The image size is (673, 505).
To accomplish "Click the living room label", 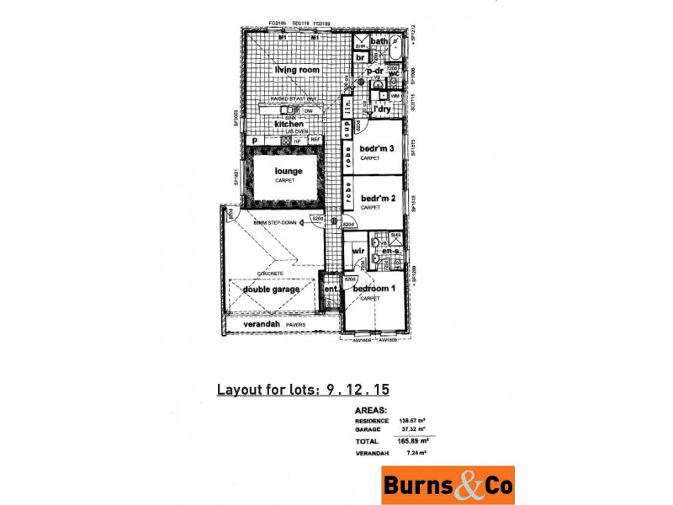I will point(293,70).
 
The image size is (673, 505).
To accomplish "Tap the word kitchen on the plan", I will point(277,124).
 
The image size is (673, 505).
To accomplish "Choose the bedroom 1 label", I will point(372,289).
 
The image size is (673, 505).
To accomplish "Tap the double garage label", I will point(273,290).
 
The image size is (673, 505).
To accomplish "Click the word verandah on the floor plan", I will point(261,324).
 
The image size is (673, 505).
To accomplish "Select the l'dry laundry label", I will point(384,109).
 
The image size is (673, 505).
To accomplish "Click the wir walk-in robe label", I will point(357,251).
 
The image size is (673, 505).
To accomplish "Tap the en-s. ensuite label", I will point(390,251).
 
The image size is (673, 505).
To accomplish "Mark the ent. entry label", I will point(331,291).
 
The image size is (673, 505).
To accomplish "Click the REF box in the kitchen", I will point(315,141).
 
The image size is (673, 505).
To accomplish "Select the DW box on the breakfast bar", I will point(309,110).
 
